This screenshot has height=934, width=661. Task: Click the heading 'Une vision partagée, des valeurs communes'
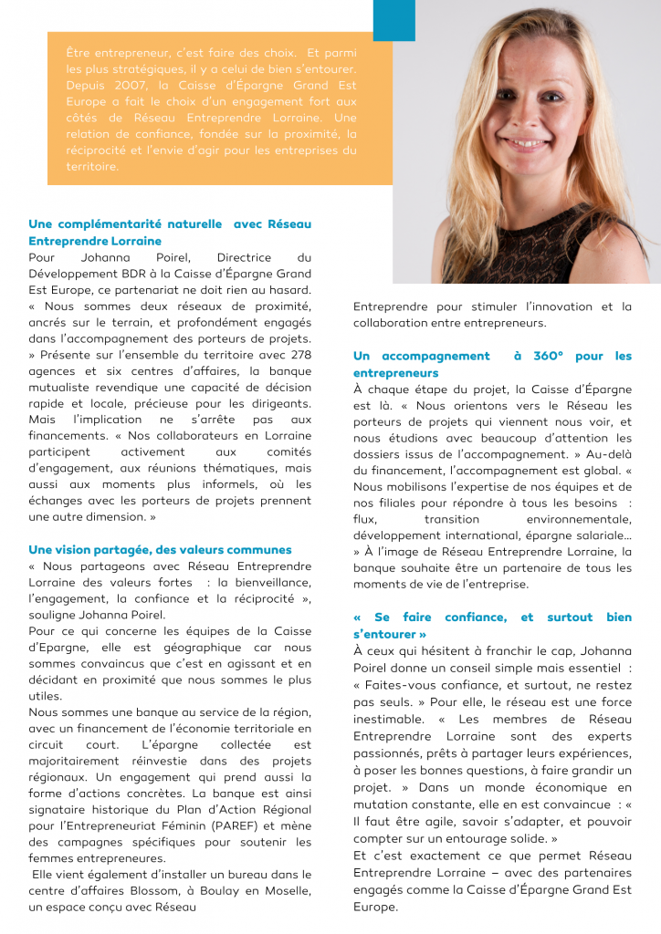[x=160, y=550]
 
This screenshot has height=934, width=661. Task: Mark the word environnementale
[x=580, y=520]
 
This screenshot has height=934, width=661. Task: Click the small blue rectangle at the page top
[x=394, y=19]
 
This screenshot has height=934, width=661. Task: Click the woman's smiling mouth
[x=530, y=144]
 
